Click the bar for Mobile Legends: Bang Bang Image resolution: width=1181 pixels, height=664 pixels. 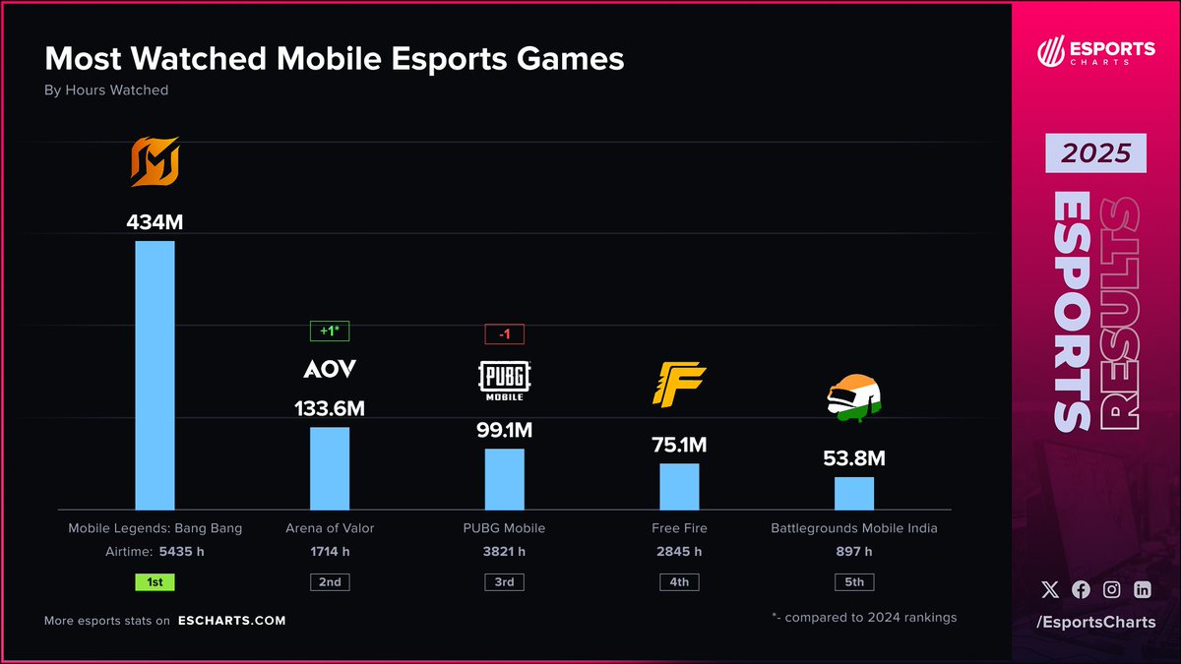click(x=155, y=375)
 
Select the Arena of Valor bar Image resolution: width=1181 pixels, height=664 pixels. click(x=330, y=468)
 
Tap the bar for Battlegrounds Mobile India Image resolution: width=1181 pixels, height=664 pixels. click(x=854, y=493)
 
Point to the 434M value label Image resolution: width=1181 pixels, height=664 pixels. click(x=155, y=222)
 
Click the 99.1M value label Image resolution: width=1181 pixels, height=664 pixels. click(x=504, y=431)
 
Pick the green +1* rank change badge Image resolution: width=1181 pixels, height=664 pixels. click(x=330, y=332)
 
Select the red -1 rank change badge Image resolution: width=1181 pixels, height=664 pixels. click(x=504, y=334)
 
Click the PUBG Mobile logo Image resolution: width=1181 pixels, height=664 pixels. click(x=504, y=381)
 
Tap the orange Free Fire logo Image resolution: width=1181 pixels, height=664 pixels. click(x=679, y=385)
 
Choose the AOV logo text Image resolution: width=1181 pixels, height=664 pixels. click(x=330, y=370)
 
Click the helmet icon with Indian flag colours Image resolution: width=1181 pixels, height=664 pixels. click(x=853, y=398)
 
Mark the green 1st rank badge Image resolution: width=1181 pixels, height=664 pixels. click(x=155, y=582)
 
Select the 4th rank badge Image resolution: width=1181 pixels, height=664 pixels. click(x=679, y=582)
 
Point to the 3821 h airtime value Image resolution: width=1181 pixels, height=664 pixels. click(x=504, y=552)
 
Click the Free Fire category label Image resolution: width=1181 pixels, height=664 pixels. click(x=679, y=528)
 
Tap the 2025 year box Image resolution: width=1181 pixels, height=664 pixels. click(x=1095, y=154)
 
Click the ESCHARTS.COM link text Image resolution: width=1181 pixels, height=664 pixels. click(x=232, y=621)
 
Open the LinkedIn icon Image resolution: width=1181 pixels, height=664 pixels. click(x=1142, y=590)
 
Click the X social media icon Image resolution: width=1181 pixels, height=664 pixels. click(x=1051, y=590)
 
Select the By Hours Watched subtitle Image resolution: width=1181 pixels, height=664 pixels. click(x=106, y=91)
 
